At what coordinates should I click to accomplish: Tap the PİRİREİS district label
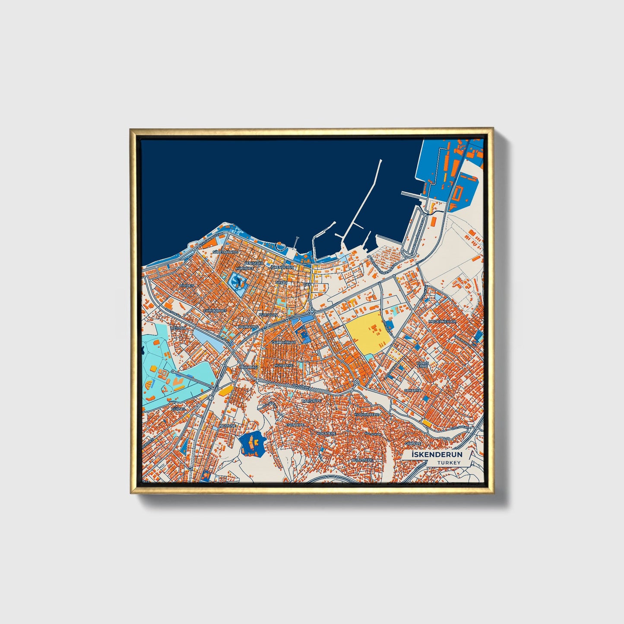click(187, 285)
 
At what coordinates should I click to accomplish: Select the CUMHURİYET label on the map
click(215, 310)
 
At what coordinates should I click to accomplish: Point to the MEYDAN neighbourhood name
click(178, 328)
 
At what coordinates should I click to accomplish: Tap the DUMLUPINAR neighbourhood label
click(284, 342)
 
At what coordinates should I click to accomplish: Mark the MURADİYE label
click(284, 365)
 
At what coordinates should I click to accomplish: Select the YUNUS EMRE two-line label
click(422, 364)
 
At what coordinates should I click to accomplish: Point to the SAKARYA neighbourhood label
click(412, 390)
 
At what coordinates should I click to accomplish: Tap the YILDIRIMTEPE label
click(366, 415)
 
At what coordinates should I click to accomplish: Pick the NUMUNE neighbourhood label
click(228, 426)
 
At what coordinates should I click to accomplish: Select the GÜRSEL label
click(178, 409)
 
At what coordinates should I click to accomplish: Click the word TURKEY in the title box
click(449, 463)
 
